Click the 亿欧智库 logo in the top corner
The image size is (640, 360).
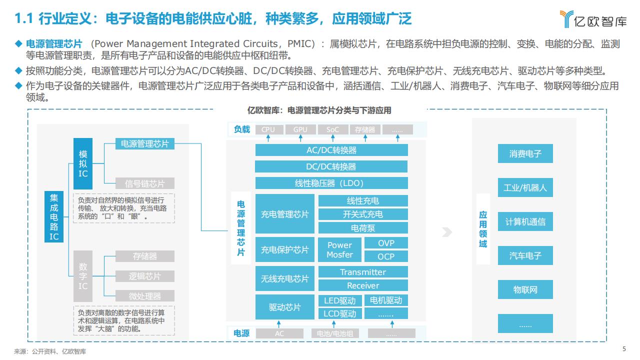click(x=593, y=19)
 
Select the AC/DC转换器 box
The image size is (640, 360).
click(x=331, y=150)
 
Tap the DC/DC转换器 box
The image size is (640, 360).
click(x=331, y=166)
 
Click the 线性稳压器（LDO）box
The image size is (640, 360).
click(x=331, y=183)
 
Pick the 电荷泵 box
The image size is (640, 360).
click(x=363, y=228)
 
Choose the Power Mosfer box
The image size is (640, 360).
click(x=339, y=249)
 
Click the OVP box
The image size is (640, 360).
click(x=386, y=243)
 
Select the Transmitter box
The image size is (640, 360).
click(x=363, y=272)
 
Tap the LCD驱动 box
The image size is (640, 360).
click(x=340, y=313)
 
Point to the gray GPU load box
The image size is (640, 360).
click(x=300, y=129)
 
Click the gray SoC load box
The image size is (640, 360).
click(x=333, y=129)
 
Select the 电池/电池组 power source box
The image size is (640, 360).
click(x=335, y=333)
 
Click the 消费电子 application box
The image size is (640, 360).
click(x=525, y=153)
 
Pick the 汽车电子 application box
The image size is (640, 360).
click(x=525, y=255)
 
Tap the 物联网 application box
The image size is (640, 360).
click(x=525, y=289)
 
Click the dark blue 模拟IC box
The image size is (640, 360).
click(x=83, y=163)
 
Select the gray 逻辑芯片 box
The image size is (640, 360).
click(x=145, y=276)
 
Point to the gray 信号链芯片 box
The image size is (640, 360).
click(x=145, y=183)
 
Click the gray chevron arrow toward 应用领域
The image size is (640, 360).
click(x=447, y=232)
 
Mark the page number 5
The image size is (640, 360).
click(x=624, y=349)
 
